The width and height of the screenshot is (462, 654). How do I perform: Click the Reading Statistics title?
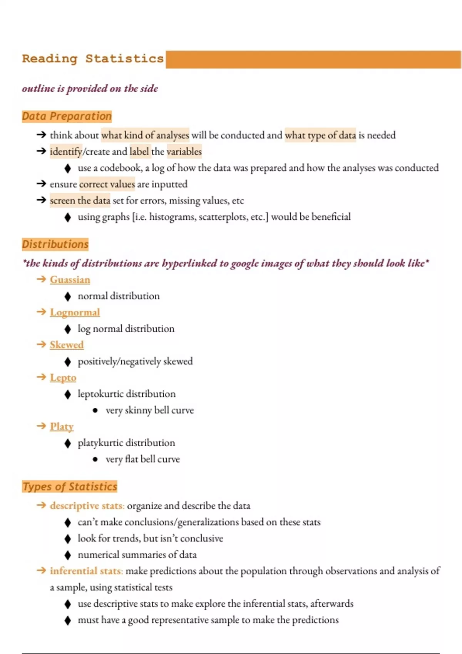(93, 59)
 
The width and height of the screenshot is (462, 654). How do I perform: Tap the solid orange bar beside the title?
(313, 60)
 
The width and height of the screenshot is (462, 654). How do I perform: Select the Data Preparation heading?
(67, 116)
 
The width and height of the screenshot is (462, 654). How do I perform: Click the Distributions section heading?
(55, 244)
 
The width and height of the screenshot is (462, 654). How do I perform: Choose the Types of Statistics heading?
(70, 487)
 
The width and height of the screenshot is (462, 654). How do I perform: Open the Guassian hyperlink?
(70, 280)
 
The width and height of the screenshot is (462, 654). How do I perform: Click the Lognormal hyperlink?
(75, 312)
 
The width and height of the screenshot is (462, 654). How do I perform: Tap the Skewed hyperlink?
(67, 345)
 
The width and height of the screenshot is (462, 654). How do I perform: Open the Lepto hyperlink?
(63, 378)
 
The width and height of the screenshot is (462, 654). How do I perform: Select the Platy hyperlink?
(62, 427)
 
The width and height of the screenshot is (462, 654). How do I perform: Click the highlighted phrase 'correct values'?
(107, 184)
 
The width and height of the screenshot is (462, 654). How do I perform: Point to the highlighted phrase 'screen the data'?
(80, 200)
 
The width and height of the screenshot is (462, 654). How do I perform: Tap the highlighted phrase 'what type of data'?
(320, 135)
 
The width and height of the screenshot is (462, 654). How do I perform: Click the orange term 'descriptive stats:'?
(87, 506)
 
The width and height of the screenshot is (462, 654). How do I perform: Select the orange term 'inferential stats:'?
(86, 571)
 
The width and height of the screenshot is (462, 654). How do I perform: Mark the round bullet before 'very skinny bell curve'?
(95, 410)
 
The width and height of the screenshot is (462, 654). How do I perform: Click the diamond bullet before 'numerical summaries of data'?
(68, 555)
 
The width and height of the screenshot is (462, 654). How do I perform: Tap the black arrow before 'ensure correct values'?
(41, 184)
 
